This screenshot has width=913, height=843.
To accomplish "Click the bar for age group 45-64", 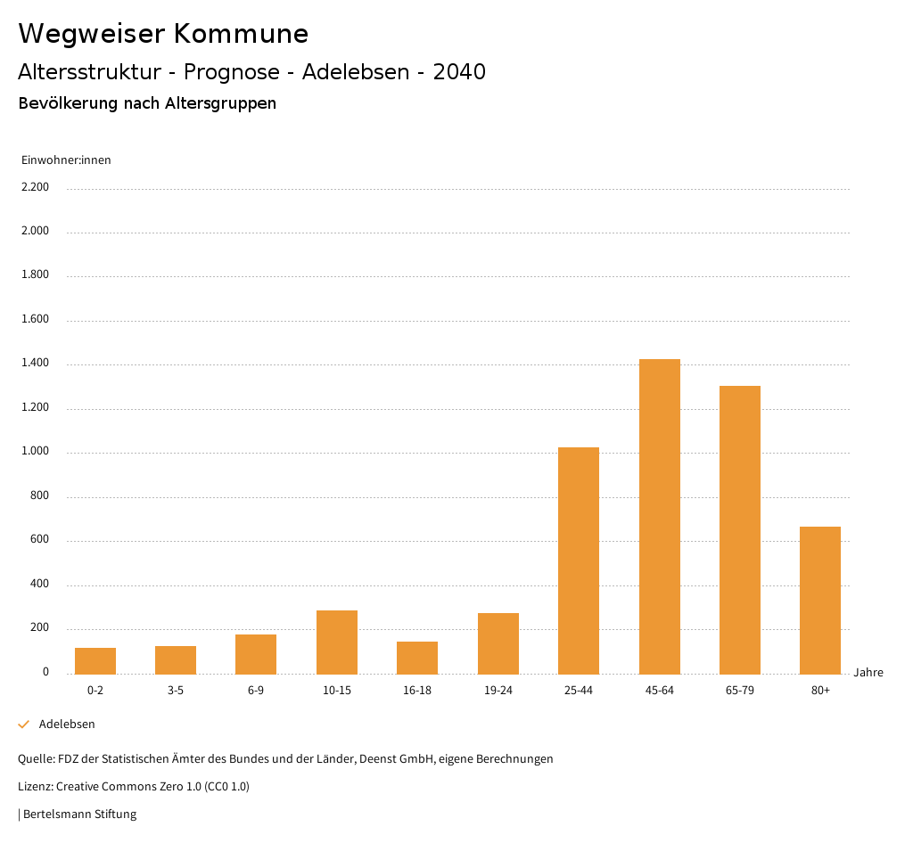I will [659, 516].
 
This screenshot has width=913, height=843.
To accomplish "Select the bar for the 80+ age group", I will [820, 600].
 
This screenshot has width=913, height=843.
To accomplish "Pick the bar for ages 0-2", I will [95, 660].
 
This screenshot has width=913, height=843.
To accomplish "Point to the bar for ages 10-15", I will [337, 642].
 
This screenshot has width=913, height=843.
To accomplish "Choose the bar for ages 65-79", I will [740, 529].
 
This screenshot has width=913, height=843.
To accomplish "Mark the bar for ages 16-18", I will [417, 658].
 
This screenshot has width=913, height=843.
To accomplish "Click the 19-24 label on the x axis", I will [498, 691].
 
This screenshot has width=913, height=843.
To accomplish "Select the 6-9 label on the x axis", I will [256, 691].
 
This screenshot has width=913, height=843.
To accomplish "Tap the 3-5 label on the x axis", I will [176, 691].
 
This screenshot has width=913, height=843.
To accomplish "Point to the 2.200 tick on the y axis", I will [35, 187].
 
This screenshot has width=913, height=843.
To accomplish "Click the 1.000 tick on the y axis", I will [35, 452].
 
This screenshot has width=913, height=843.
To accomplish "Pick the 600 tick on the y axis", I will [39, 540].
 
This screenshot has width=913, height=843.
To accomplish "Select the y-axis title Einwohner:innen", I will [66, 160].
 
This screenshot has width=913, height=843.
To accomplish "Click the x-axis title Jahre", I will [868, 673].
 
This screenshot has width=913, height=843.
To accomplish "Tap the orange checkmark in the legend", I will [24, 724].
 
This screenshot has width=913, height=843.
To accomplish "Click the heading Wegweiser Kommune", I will [163, 34].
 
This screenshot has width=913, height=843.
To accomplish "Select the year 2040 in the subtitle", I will [459, 72].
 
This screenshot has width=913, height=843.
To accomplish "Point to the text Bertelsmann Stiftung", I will [79, 814].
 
